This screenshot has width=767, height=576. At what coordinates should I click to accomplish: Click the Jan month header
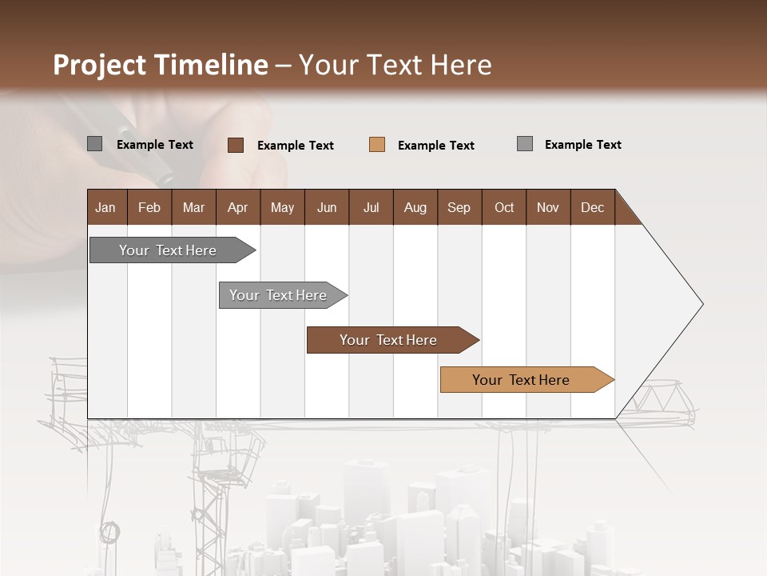(x=106, y=207)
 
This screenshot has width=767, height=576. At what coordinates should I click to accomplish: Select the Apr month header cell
(x=238, y=207)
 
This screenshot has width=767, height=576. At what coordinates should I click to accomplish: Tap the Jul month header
(x=371, y=207)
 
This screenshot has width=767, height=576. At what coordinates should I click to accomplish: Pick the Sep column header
(x=459, y=207)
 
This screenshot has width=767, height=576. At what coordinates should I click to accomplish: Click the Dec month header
(x=592, y=207)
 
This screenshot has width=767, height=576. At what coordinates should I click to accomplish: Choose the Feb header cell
(x=149, y=207)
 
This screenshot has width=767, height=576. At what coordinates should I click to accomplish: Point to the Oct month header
(x=504, y=207)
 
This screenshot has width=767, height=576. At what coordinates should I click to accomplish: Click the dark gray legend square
(x=95, y=144)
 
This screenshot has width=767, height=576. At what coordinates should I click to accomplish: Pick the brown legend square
(x=236, y=145)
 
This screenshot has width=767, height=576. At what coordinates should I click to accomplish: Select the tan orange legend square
(x=377, y=145)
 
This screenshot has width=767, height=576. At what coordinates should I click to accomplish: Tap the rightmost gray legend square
(x=525, y=144)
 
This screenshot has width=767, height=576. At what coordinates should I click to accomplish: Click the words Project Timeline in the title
(x=160, y=65)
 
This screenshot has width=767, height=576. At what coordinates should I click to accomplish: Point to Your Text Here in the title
(x=395, y=65)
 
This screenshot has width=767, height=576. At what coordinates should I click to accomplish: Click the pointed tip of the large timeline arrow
(x=701, y=304)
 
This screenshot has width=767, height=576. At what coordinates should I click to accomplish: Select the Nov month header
(x=548, y=207)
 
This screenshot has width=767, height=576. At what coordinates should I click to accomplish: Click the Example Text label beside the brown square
(x=296, y=146)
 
